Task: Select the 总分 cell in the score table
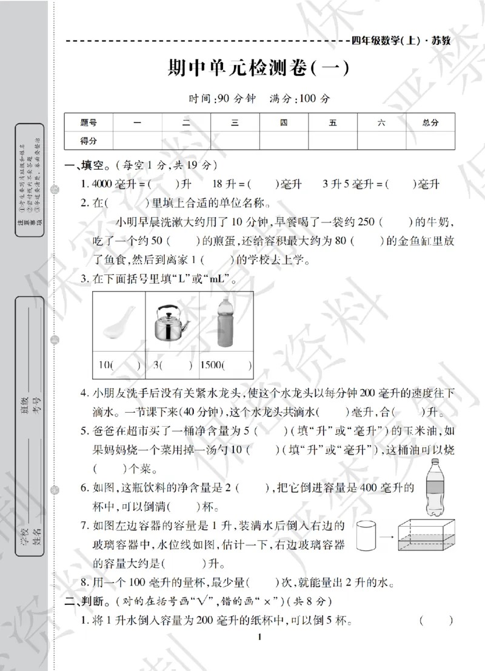click(x=430, y=122)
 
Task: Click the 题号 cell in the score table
click(x=89, y=122)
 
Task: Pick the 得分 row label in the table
click(x=89, y=141)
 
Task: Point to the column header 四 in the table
click(x=284, y=122)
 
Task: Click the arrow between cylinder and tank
click(x=387, y=536)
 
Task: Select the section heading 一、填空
click(x=88, y=165)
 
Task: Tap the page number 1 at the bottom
click(x=259, y=653)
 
